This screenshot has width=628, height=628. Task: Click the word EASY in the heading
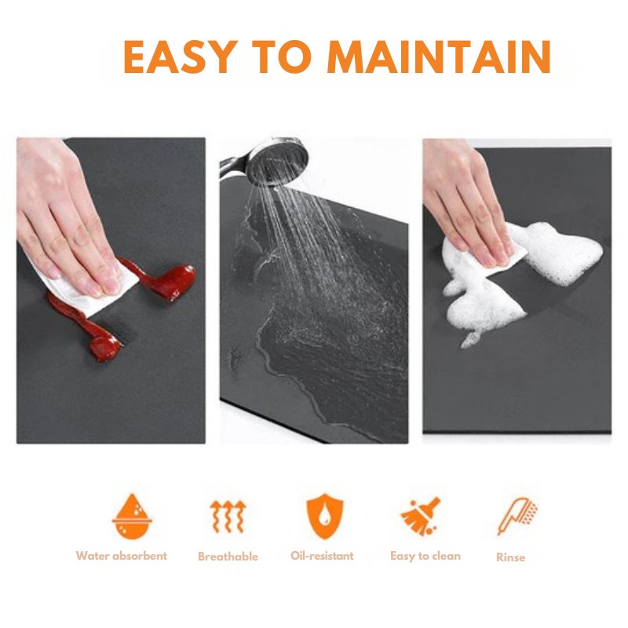click(x=179, y=56)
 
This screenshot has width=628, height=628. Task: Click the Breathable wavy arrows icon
click(x=228, y=516)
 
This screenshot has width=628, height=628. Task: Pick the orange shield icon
click(x=322, y=516)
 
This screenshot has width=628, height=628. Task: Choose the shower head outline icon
click(x=517, y=516)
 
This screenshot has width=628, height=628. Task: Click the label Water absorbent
click(x=121, y=556)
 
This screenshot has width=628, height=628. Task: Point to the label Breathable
click(x=228, y=557)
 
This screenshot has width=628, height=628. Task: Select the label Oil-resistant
click(x=322, y=556)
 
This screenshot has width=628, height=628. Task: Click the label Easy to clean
click(x=425, y=556)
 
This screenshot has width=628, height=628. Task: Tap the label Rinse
click(x=510, y=557)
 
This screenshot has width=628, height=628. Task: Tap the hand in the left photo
click(x=63, y=220)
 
